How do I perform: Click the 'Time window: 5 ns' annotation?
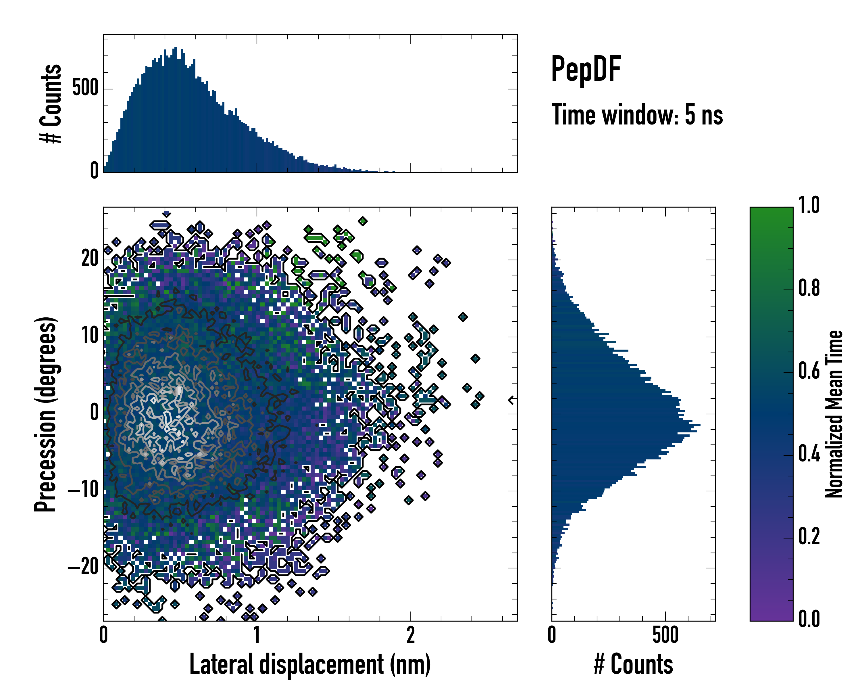point(637,115)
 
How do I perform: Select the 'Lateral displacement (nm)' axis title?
point(310,664)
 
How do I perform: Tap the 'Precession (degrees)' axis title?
point(45,414)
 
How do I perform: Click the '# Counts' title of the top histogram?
point(51,103)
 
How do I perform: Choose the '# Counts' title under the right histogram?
point(633,664)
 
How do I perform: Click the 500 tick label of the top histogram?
point(86,88)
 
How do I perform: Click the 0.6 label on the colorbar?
point(809,371)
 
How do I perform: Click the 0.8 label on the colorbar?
point(809,288)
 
